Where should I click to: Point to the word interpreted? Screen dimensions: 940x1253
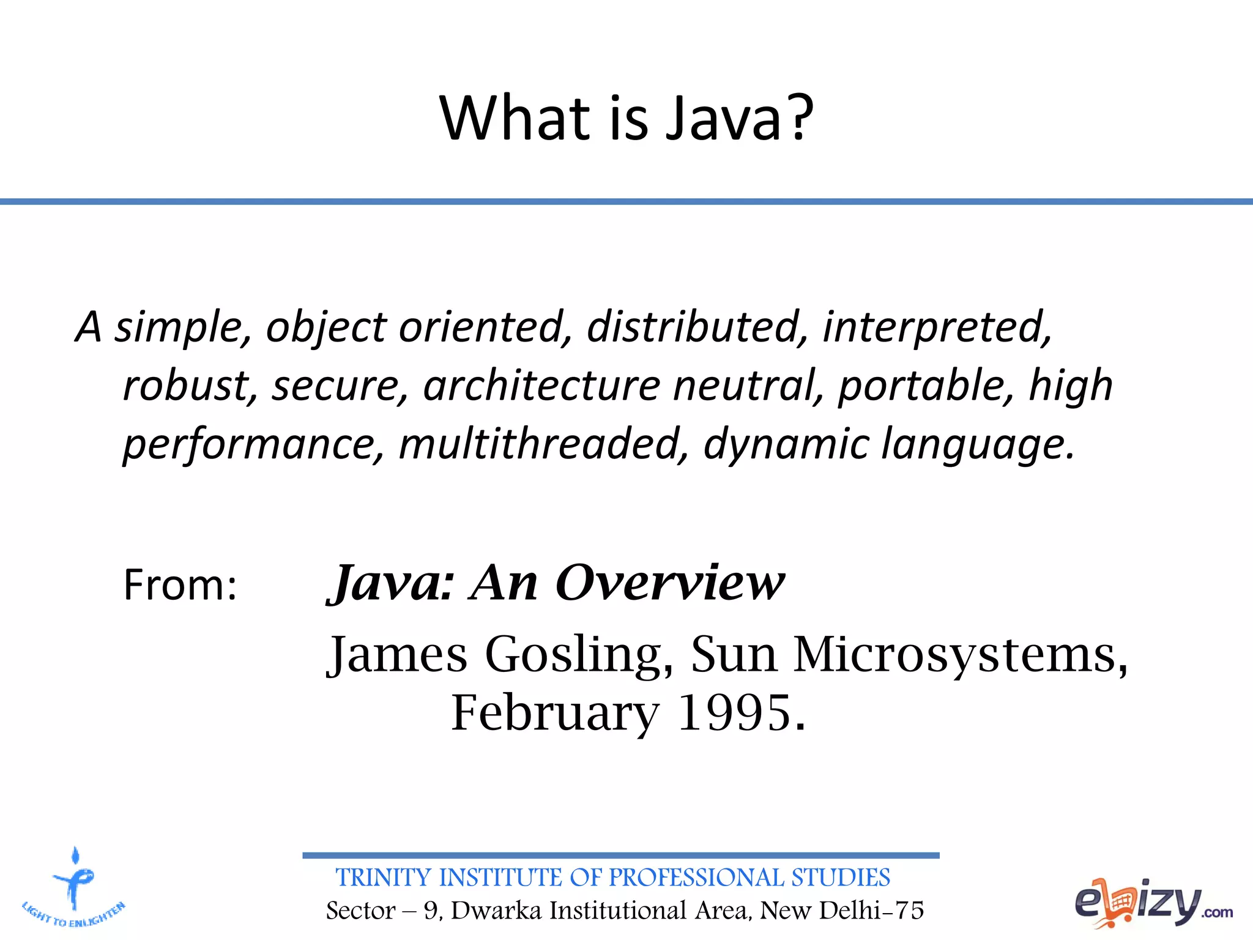(935, 327)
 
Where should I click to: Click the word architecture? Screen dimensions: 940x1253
(541, 386)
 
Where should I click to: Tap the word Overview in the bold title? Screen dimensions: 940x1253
(669, 583)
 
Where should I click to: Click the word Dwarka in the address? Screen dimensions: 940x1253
(496, 911)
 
